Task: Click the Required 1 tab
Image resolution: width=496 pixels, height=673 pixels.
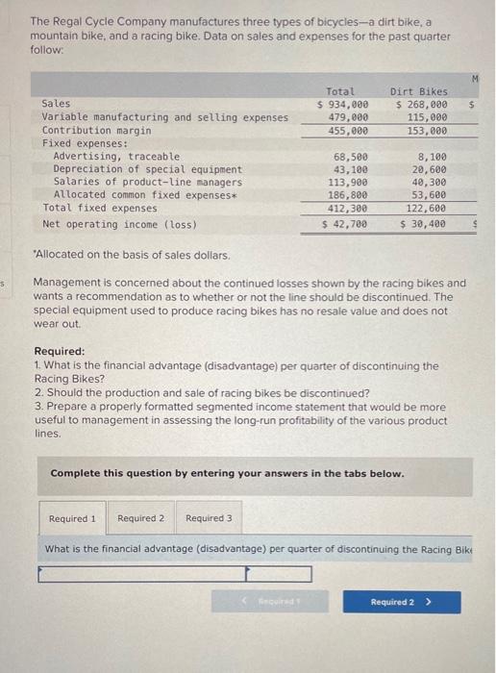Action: [x=72, y=518]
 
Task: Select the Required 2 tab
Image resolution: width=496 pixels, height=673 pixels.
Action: [x=140, y=518]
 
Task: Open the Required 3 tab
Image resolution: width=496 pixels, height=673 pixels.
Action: [x=209, y=518]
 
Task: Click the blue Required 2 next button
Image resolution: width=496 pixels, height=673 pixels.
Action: [x=401, y=602]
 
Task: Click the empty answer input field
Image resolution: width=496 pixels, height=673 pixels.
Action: [x=176, y=574]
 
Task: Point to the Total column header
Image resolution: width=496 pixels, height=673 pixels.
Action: [x=340, y=90]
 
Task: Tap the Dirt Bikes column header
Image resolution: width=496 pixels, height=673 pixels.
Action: [x=420, y=90]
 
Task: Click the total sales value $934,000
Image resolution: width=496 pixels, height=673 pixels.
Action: [x=343, y=104]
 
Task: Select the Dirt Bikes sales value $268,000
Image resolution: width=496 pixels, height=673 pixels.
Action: [x=423, y=104]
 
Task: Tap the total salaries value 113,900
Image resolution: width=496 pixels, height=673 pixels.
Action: [x=349, y=182]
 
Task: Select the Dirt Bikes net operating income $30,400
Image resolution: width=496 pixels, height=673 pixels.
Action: [x=424, y=224]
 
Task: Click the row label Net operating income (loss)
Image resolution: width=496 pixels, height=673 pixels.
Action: [x=119, y=224]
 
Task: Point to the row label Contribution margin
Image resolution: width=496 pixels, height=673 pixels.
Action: [x=96, y=130]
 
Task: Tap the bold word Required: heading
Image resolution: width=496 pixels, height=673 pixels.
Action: [x=59, y=352]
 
